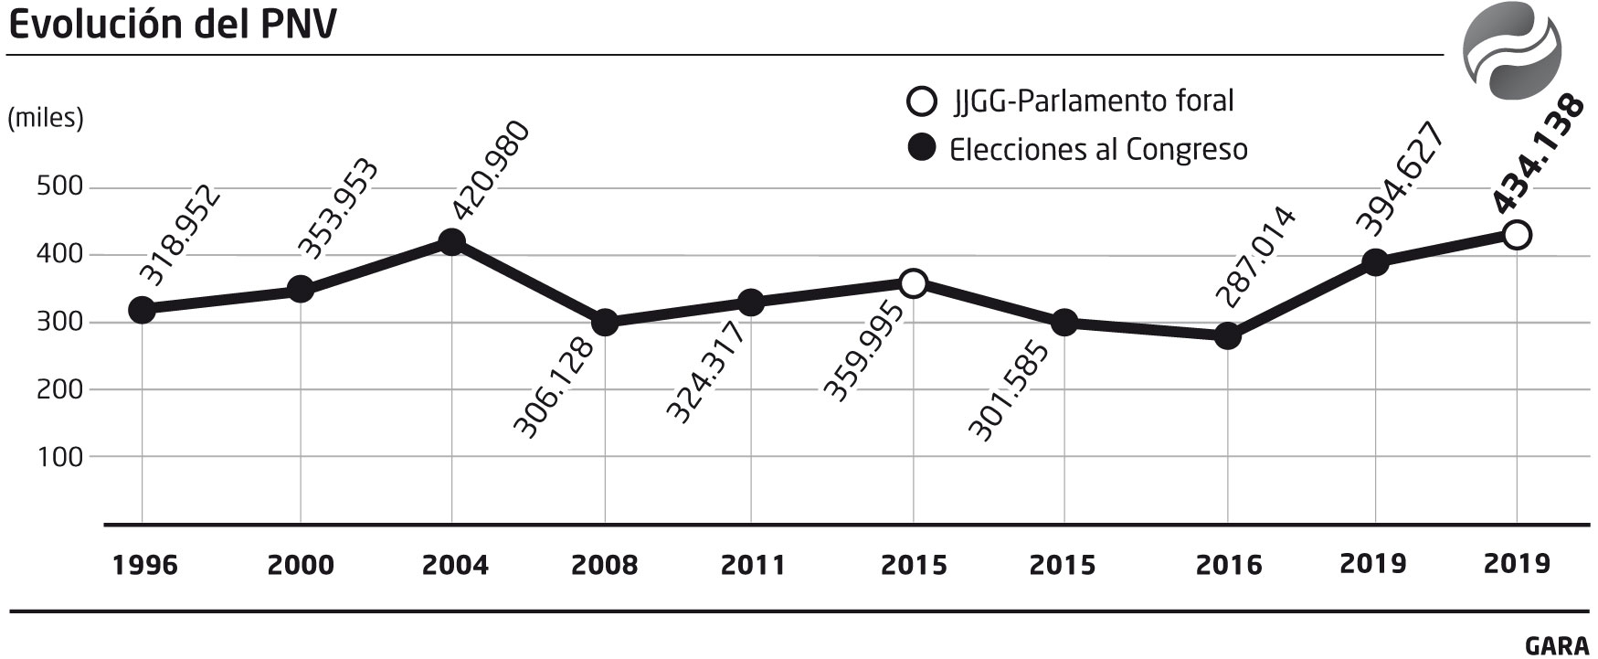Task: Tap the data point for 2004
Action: [451, 242]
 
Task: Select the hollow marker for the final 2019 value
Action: [1517, 235]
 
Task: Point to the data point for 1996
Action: [142, 310]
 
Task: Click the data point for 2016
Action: [1228, 336]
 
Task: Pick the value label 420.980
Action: [491, 170]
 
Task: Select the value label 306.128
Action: [554, 388]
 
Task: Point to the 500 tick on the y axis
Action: [59, 187]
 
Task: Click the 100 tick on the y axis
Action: [59, 456]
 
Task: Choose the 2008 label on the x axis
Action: [604, 565]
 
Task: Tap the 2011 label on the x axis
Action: [753, 565]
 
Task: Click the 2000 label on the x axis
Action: [301, 565]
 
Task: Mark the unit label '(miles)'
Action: [46, 118]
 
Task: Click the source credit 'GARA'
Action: [1556, 645]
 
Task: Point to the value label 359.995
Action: [863, 350]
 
